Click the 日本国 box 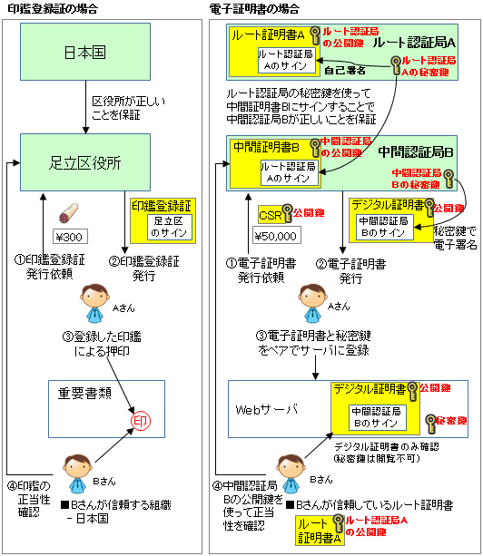85,52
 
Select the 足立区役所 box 85,162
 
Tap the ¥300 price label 70,237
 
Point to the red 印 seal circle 141,421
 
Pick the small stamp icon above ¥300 68,213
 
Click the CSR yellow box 271,215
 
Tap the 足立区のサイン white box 170,227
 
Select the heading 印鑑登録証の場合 53,9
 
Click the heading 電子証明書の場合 254,9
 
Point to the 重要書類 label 84,394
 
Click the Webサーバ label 266,410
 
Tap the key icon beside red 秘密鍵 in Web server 430,424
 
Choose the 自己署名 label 345,70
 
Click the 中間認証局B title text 416,152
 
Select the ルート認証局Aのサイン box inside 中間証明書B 288,172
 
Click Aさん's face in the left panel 94,298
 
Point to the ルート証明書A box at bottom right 320,531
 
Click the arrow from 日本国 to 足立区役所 85,107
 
